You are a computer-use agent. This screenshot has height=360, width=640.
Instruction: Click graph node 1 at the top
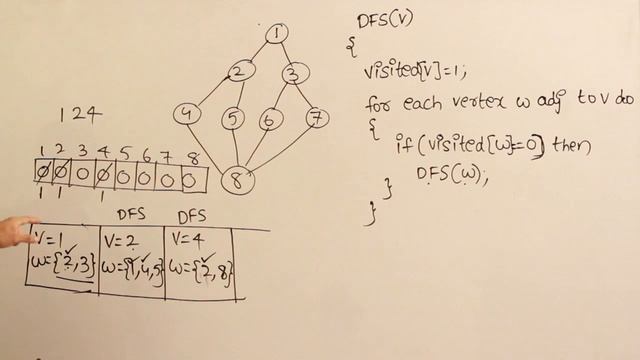coord(276,33)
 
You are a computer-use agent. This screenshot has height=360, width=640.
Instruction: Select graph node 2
coord(238,72)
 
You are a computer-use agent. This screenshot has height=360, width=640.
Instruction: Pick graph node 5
coord(233,118)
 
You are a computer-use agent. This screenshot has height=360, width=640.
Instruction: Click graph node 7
coord(316,118)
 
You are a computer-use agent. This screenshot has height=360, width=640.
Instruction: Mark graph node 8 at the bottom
coord(238,180)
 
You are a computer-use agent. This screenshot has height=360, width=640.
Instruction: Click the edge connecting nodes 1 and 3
coord(284,52)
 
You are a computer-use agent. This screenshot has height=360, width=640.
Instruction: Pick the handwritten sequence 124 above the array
coord(80,114)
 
